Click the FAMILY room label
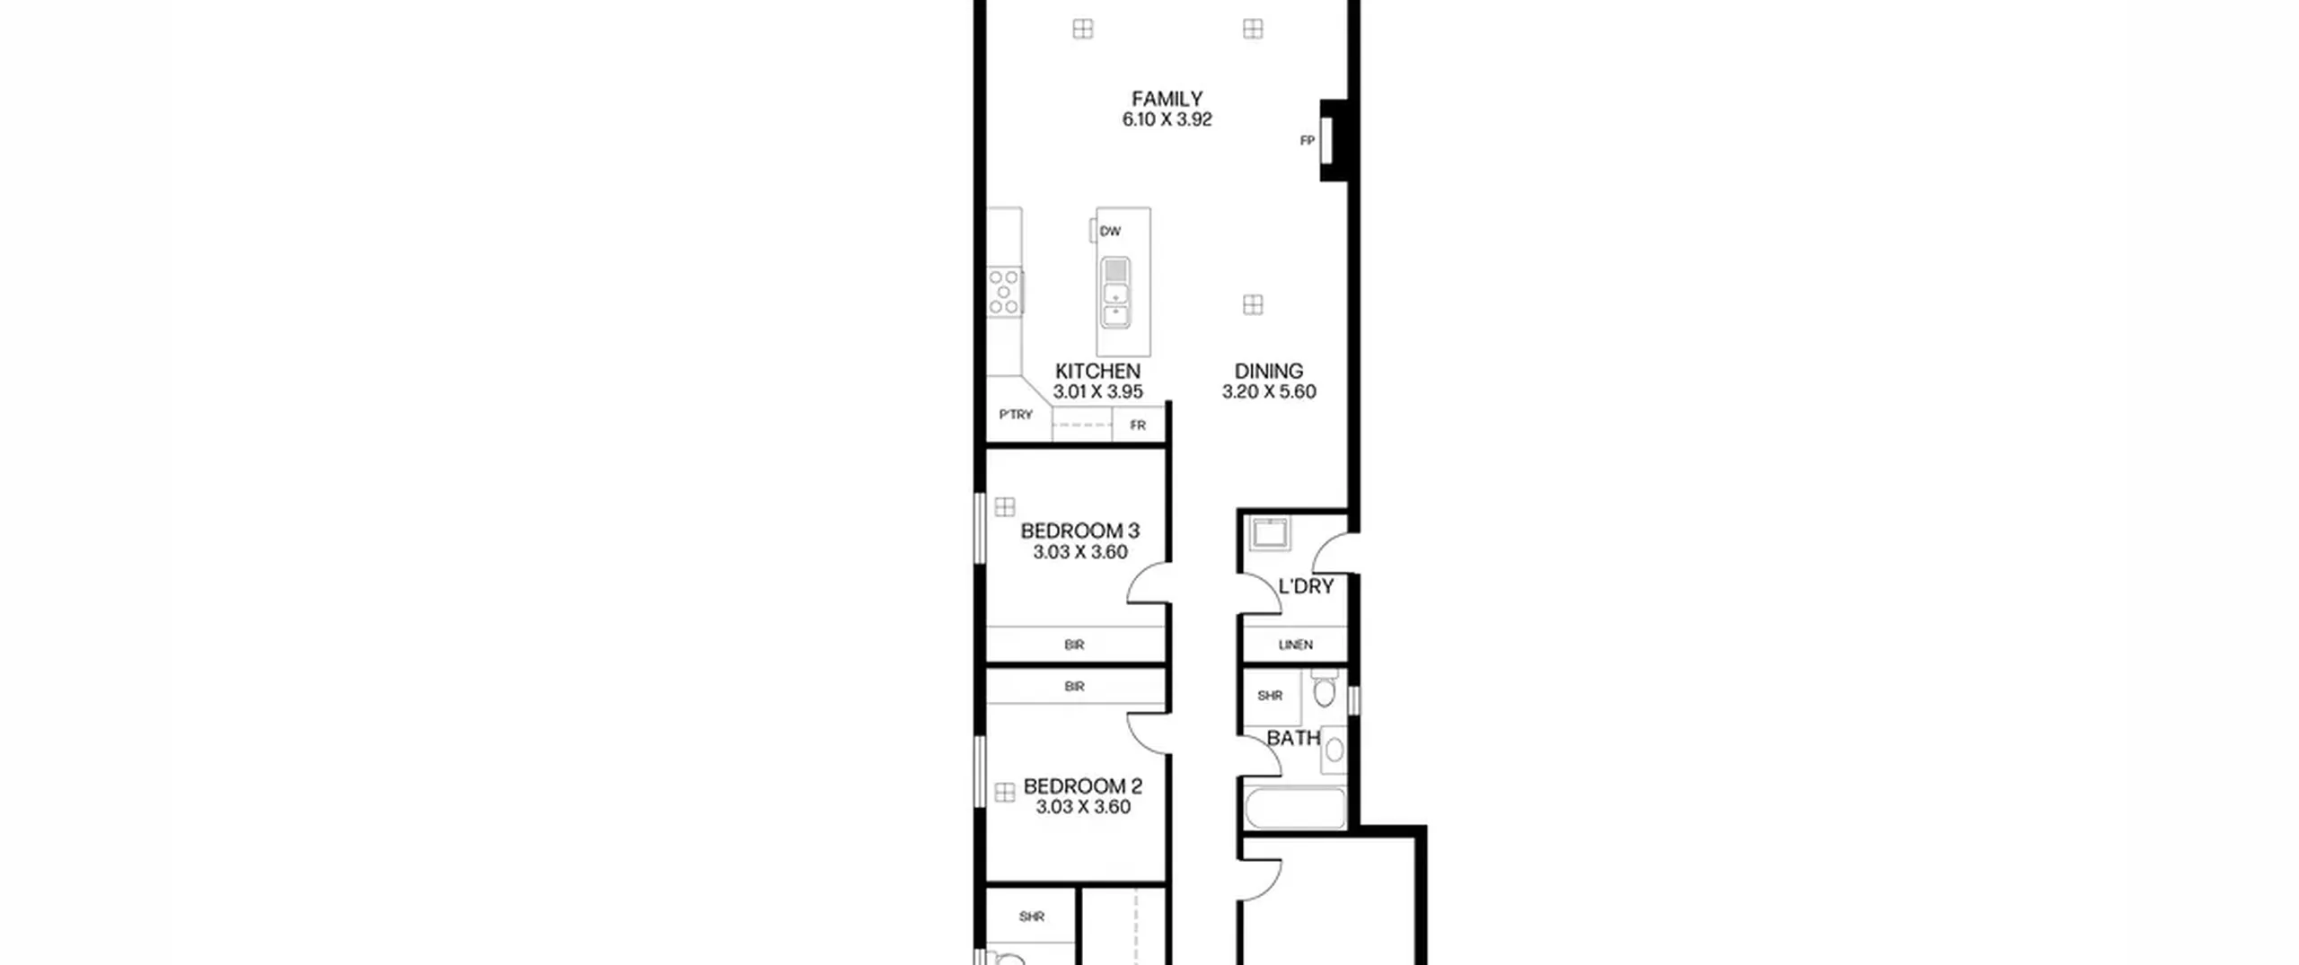(1167, 99)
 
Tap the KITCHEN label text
(1097, 371)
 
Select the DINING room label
(1268, 371)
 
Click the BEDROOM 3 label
(1079, 531)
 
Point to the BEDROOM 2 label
(1082, 786)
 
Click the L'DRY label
(1306, 586)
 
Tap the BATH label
(1293, 738)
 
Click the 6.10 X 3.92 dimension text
(1167, 119)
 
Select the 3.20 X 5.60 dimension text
(1268, 391)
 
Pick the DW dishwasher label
(1110, 231)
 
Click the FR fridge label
(1138, 425)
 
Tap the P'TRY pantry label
(1016, 415)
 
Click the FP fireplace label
(1308, 141)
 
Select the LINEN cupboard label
(1295, 645)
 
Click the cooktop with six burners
(1005, 292)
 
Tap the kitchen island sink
(1115, 294)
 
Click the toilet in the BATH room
(1325, 689)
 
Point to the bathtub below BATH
(1295, 808)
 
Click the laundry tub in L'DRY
(1268, 535)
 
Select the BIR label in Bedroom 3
(1074, 645)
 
